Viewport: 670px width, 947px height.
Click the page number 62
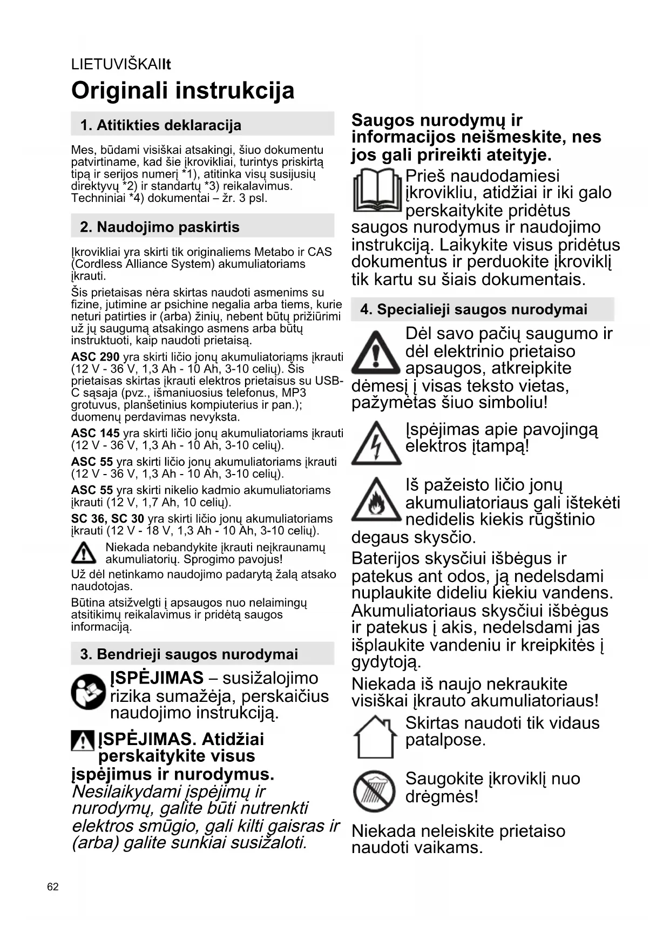point(53,887)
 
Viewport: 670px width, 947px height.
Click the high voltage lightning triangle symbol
point(376,444)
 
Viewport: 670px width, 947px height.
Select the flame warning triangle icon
point(376,500)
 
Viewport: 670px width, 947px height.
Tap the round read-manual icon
point(88,692)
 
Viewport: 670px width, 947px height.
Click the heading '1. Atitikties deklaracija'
point(161,125)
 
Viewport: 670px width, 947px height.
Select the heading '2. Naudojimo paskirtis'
point(160,227)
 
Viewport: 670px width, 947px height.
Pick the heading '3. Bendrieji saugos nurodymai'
point(189,654)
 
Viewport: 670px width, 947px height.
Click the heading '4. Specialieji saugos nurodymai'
point(473,309)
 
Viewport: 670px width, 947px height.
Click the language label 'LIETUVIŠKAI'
point(117,64)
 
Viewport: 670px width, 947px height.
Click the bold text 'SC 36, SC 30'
point(107,519)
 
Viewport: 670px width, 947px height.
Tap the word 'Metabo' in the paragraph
point(274,252)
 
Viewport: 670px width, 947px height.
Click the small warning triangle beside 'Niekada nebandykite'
point(83,552)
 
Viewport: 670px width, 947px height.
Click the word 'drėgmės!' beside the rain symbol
point(442,796)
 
